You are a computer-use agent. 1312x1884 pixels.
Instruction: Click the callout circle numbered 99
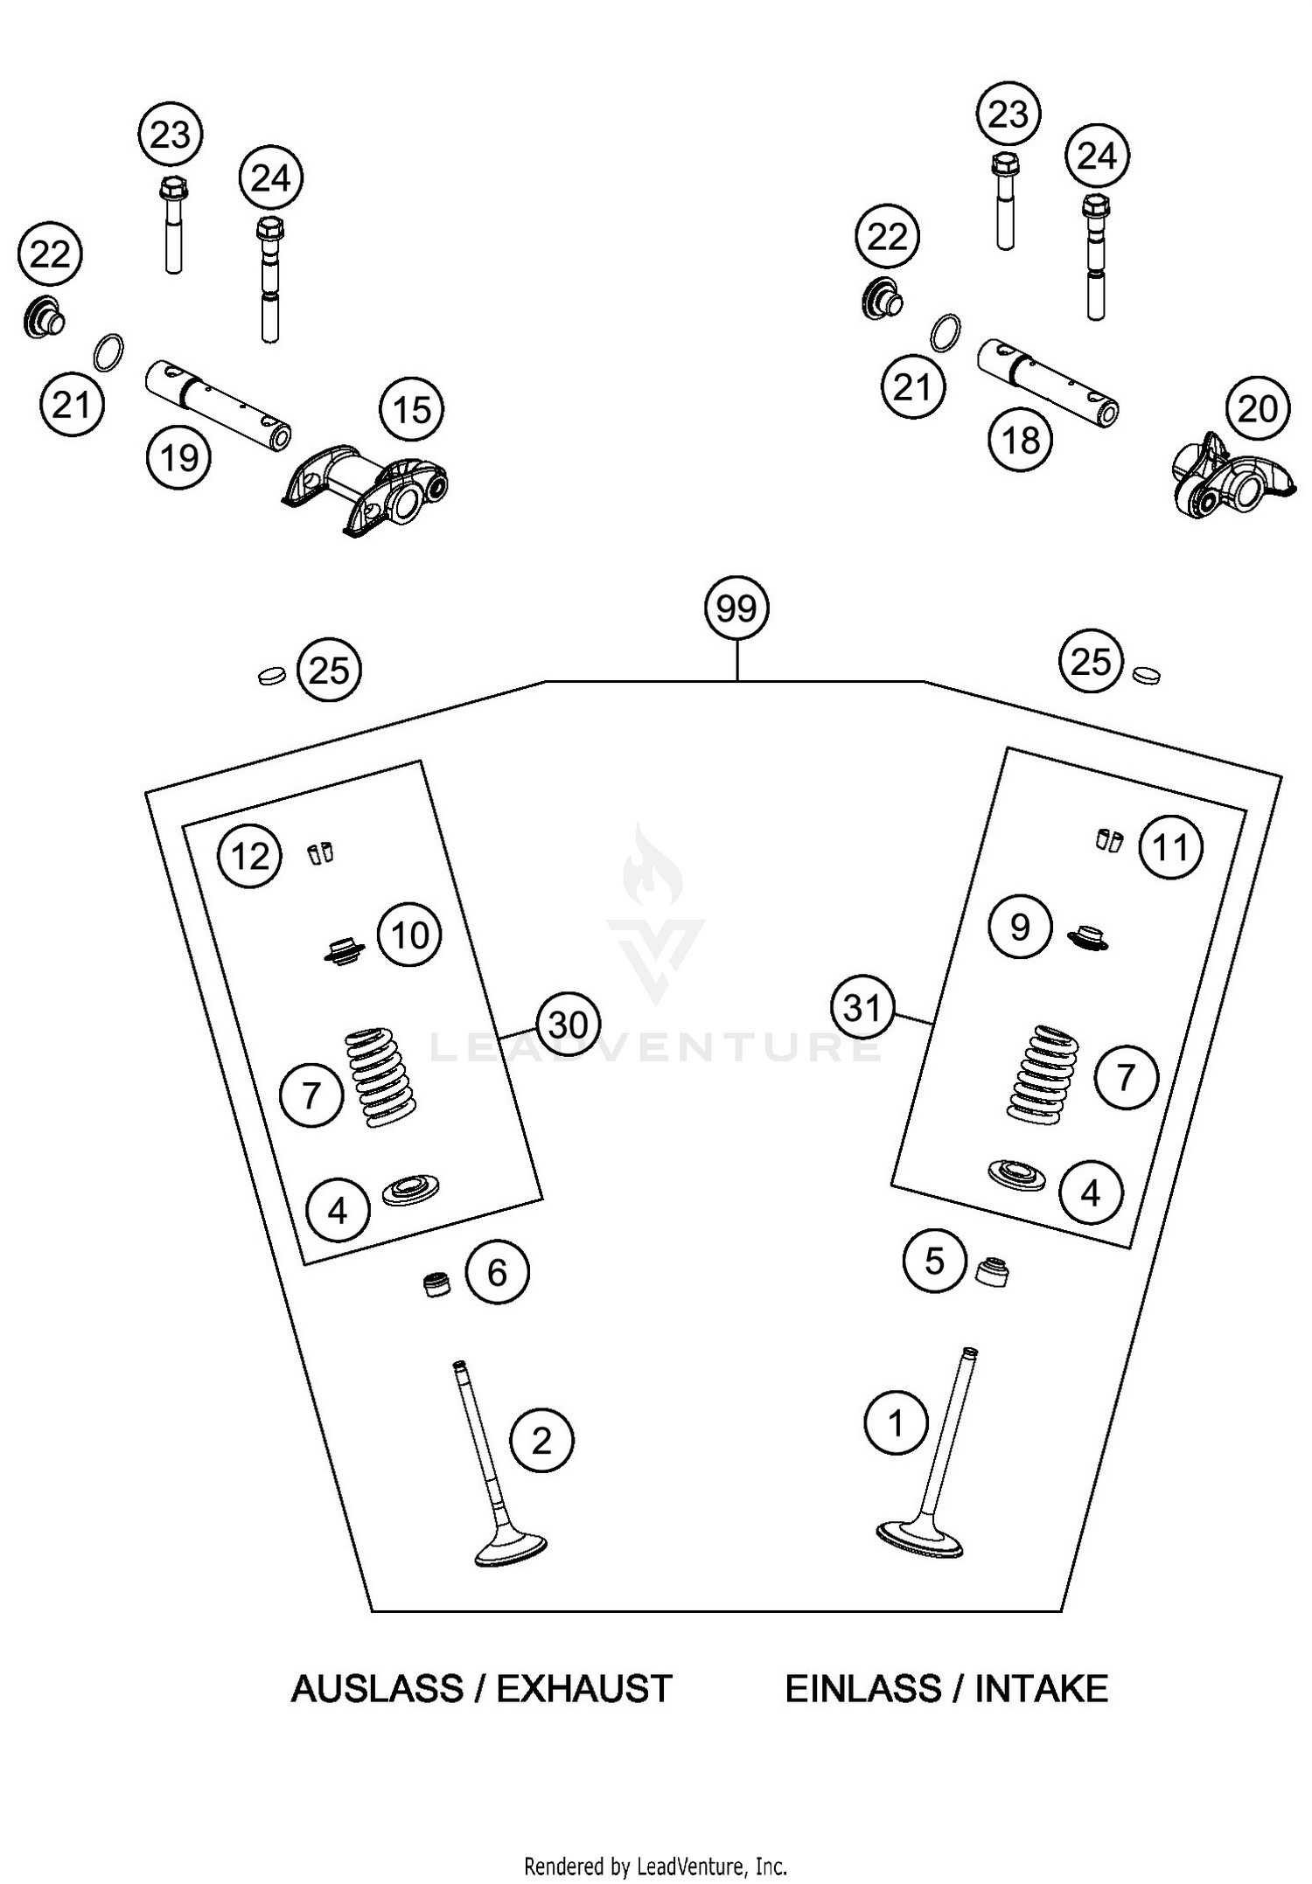[736, 608]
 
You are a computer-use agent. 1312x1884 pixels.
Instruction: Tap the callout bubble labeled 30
[569, 1024]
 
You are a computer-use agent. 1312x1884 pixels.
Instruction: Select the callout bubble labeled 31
[862, 1008]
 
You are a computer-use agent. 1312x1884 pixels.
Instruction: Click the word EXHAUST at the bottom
[584, 1688]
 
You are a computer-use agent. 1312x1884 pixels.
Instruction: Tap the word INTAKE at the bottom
[1041, 1688]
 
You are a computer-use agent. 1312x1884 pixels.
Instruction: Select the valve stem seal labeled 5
[992, 1271]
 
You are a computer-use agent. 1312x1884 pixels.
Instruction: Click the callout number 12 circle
[250, 857]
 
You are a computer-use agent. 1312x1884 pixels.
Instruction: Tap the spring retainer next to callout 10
[342, 951]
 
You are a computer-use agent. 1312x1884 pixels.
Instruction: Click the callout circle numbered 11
[1171, 847]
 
